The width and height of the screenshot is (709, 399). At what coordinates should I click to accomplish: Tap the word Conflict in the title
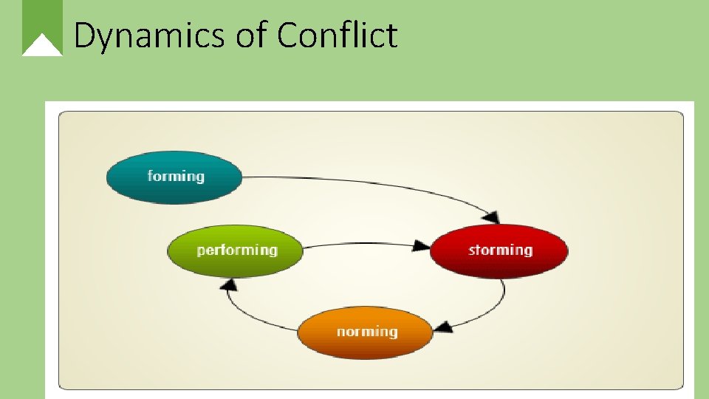click(338, 35)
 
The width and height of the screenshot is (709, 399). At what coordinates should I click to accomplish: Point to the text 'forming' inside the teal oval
click(176, 176)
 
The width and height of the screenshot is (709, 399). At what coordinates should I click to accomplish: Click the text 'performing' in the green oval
click(237, 250)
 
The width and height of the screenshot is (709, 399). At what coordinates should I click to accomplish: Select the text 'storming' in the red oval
click(500, 250)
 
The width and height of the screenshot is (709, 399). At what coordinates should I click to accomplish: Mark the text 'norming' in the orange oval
click(367, 332)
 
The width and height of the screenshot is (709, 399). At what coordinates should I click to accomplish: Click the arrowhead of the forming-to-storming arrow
click(490, 216)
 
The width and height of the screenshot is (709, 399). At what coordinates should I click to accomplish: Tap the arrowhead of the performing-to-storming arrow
click(422, 245)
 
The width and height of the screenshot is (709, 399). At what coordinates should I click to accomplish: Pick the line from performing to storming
click(362, 244)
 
